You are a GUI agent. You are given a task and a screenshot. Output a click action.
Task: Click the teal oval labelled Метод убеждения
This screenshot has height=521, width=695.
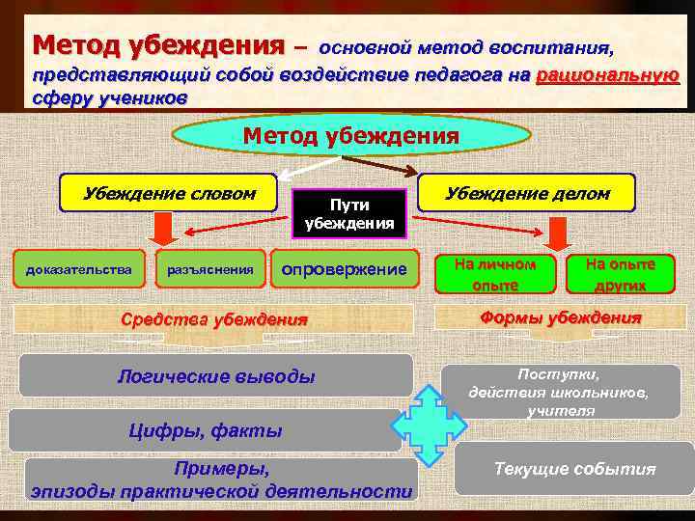(x=349, y=136)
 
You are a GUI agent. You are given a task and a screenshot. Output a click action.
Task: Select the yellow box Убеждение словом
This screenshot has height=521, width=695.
(x=169, y=194)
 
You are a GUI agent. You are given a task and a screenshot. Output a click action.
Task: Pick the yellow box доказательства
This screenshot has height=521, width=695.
(x=80, y=269)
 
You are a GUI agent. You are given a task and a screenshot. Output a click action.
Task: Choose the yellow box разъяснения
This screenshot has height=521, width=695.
(x=210, y=269)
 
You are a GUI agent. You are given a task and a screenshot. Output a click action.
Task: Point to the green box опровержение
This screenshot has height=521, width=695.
(x=344, y=269)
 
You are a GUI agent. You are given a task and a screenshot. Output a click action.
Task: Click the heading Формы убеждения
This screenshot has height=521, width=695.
(x=561, y=318)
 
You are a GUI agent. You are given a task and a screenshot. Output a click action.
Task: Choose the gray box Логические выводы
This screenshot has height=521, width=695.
(x=215, y=375)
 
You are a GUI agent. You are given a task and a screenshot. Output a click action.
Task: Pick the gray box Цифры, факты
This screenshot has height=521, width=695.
(x=205, y=430)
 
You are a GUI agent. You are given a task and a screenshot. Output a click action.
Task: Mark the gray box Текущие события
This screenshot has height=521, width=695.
(x=574, y=469)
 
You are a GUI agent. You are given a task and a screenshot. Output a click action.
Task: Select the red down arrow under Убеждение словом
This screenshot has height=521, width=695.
(x=164, y=230)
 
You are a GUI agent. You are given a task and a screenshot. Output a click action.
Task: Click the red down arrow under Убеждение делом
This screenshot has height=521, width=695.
(x=556, y=232)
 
